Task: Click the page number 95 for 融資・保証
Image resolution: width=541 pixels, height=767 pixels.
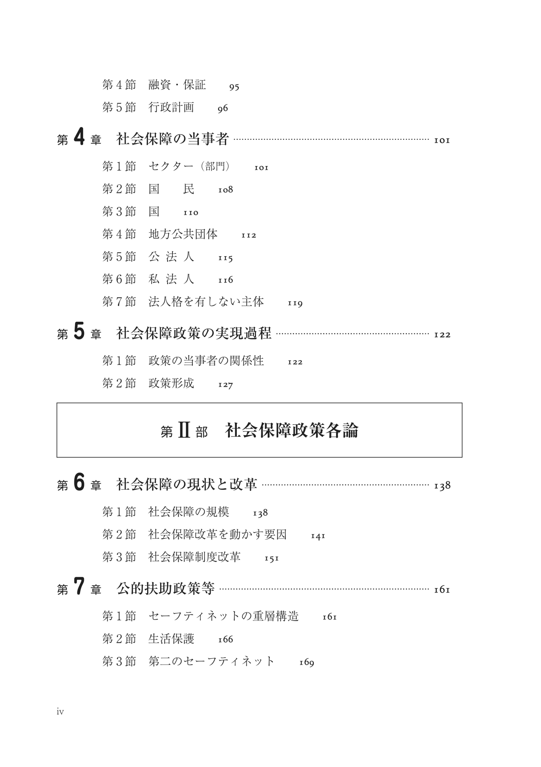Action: [x=234, y=87]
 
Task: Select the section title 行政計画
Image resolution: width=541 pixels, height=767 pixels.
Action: [x=171, y=107]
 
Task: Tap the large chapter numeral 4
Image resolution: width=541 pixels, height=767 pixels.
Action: [x=79, y=138]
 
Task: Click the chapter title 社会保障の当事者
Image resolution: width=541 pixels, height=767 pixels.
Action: [x=172, y=139]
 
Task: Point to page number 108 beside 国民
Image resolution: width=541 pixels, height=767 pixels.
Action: [x=226, y=190]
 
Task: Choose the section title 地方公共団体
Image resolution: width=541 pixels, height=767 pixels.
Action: [x=183, y=234]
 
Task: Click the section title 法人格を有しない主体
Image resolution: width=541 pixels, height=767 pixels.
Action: [x=206, y=302]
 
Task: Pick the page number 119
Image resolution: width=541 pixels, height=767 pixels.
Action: [x=295, y=303]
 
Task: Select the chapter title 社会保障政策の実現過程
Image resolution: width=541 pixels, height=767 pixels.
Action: [x=193, y=333]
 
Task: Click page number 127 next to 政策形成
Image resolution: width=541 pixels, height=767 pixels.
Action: [x=226, y=385]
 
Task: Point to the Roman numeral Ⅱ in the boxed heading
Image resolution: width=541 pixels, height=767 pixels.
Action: [x=184, y=431]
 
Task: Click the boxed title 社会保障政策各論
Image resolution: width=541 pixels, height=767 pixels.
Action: [x=292, y=431]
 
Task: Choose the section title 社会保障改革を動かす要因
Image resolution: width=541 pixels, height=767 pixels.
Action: [x=217, y=535]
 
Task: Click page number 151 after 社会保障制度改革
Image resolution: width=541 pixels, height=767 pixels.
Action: [x=272, y=559]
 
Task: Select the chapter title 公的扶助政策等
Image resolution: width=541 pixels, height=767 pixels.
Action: [x=165, y=589]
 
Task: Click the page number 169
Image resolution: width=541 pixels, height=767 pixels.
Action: [x=307, y=663]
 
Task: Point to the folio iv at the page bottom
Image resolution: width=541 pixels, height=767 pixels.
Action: [x=60, y=712]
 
